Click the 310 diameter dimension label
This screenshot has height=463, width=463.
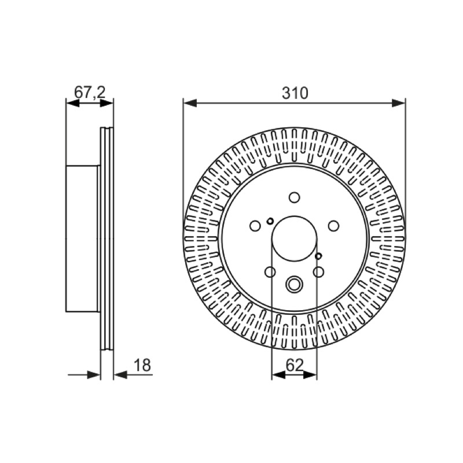coord(295,93)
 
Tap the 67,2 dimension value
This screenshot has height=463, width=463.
coord(90,93)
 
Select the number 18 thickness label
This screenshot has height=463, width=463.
coord(142,365)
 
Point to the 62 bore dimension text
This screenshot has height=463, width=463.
coord(295,365)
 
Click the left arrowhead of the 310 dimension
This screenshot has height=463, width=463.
coord(190,104)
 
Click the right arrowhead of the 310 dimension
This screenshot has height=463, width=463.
coord(399,104)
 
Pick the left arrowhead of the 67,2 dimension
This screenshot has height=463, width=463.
coord(73,104)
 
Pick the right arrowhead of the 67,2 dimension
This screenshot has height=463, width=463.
coord(106,104)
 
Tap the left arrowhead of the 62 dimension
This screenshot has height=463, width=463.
coord(278,375)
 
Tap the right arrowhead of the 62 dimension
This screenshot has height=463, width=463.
coord(310,375)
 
